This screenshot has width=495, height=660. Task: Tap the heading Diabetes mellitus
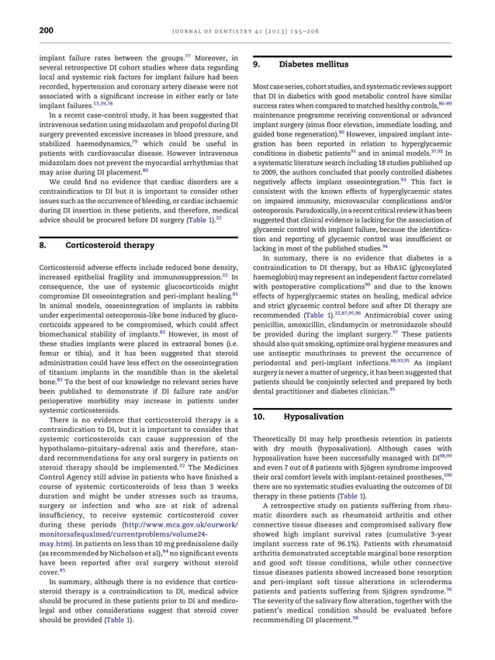tap(314, 64)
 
